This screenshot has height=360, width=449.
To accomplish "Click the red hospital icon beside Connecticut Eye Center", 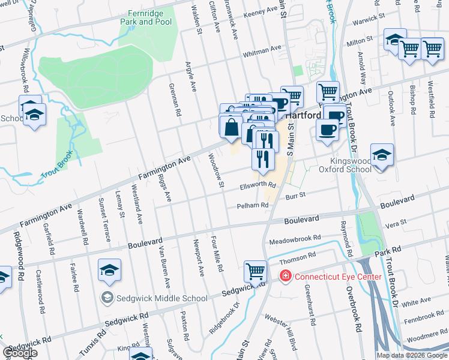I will (286, 277).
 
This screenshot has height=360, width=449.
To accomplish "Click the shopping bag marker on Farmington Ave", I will (231, 128).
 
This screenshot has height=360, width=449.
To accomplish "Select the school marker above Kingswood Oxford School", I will (382, 155).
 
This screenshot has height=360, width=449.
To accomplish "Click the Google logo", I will (20, 353).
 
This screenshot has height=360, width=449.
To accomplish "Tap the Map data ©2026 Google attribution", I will (411, 355).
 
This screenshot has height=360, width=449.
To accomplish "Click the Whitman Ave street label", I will (262, 52).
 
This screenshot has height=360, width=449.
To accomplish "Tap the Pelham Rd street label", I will (252, 205).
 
